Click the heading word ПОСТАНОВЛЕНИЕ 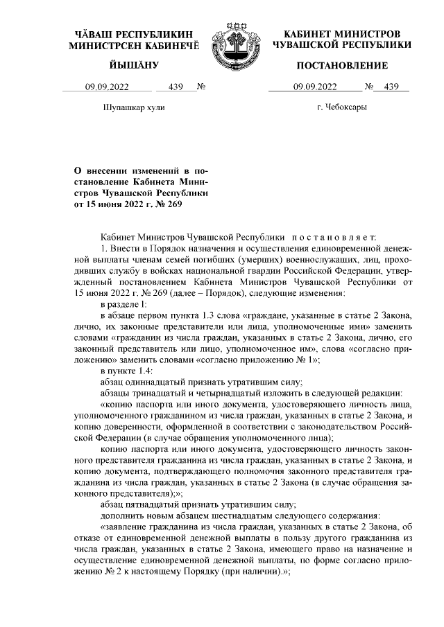342,66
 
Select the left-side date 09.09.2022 107,87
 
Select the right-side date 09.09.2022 315,87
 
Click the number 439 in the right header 392,87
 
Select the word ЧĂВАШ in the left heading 95,34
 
